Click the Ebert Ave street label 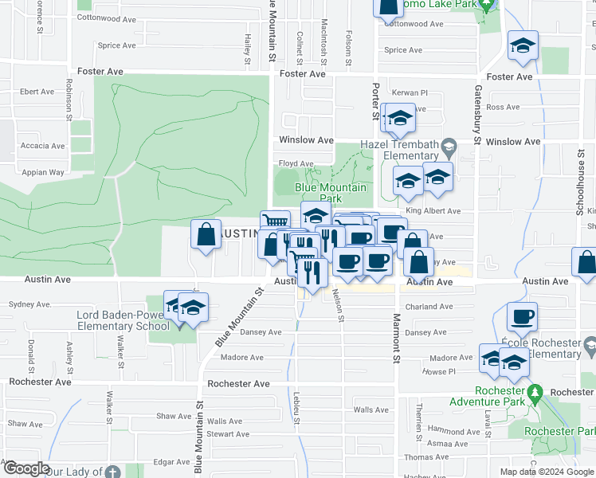pyautogui.click(x=37, y=92)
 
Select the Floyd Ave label pyautogui.click(x=295, y=164)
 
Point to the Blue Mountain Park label pyautogui.click(x=331, y=192)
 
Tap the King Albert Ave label pyautogui.click(x=433, y=211)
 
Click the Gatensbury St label pyautogui.click(x=478, y=115)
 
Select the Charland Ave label pyautogui.click(x=428, y=307)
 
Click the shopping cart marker pyautogui.click(x=275, y=222)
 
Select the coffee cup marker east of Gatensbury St pyautogui.click(x=522, y=317)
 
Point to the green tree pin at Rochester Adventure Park pyautogui.click(x=535, y=393)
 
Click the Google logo pyautogui.click(x=25, y=469)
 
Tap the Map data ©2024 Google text pyautogui.click(x=546, y=472)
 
